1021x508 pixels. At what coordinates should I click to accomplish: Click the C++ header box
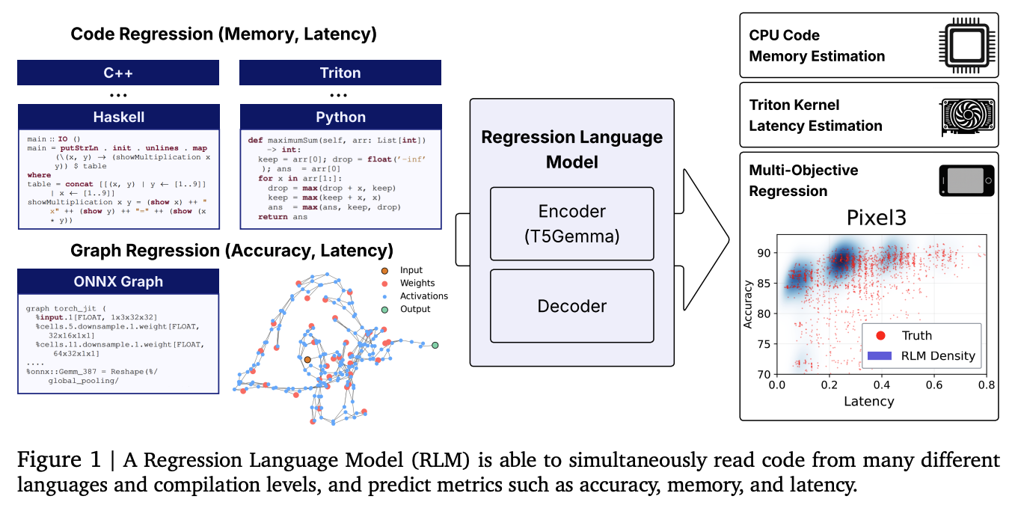click(118, 73)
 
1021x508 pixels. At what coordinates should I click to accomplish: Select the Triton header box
click(340, 73)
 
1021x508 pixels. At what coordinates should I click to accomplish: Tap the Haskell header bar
click(118, 117)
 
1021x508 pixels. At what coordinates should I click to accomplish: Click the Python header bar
click(340, 117)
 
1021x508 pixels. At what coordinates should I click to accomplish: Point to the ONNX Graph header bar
click(118, 281)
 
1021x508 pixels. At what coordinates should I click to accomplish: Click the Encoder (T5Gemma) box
click(571, 223)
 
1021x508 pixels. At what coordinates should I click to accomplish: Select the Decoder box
click(571, 306)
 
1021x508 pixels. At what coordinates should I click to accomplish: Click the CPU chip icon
click(966, 45)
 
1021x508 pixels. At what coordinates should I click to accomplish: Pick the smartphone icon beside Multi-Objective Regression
click(966, 181)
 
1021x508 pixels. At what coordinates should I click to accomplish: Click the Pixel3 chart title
click(881, 218)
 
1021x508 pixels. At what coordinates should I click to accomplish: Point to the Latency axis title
click(868, 401)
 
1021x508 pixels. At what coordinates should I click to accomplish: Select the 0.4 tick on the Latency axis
click(882, 385)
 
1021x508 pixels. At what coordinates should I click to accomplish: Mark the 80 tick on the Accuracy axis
click(764, 313)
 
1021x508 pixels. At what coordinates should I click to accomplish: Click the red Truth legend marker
click(881, 335)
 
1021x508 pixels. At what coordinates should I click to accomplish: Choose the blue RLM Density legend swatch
click(881, 355)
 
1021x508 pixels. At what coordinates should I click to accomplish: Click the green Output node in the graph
click(435, 345)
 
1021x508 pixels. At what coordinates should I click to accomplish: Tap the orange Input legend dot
click(384, 270)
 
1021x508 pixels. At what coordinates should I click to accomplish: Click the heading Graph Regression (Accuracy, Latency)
click(231, 250)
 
